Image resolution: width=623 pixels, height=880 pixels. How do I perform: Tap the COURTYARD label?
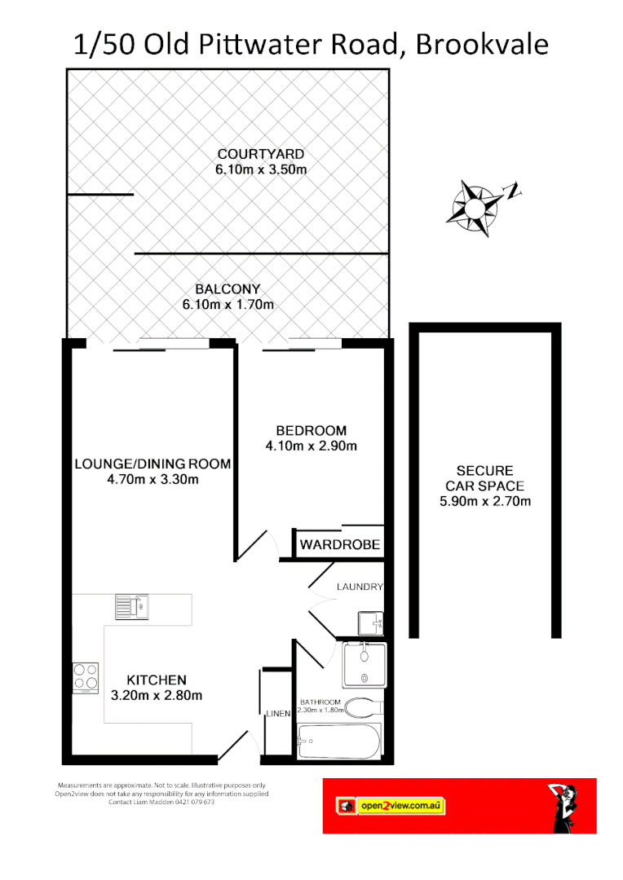[260, 154]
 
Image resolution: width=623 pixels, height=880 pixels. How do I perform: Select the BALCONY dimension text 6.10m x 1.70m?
[228, 305]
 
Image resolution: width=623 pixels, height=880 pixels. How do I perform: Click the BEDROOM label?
[311, 430]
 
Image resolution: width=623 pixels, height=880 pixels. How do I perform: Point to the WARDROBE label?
[339, 544]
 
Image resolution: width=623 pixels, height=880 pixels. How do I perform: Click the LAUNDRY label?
[359, 587]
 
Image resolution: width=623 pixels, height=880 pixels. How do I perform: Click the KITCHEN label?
[156, 680]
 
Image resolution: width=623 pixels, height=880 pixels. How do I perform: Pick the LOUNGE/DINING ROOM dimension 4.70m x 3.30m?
[152, 480]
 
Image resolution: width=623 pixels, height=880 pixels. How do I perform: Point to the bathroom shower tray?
[365, 664]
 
